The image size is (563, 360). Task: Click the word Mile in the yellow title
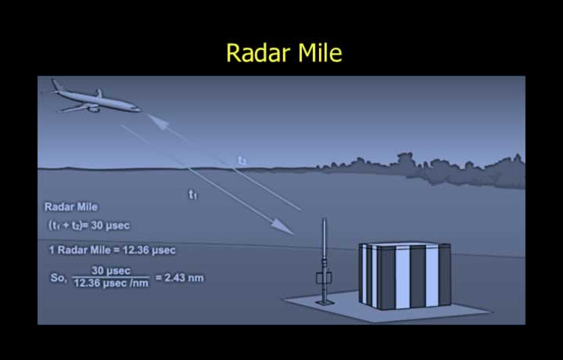[x=321, y=52]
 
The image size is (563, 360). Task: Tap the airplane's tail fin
[x=56, y=85]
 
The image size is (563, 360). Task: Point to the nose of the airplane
[x=138, y=108]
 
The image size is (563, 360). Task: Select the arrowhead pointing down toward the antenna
[x=283, y=226]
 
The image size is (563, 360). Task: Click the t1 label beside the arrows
[x=193, y=194]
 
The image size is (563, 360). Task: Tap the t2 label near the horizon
[x=242, y=160]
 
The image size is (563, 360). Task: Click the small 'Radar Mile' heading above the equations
[x=71, y=207]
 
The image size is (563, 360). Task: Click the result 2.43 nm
[x=184, y=278]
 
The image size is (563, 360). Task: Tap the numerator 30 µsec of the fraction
[x=111, y=271]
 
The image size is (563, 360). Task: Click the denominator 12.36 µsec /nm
[x=111, y=283]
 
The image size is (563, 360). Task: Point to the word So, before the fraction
[x=59, y=278]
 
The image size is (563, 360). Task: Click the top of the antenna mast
[x=325, y=219]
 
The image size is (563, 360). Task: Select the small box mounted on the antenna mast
[x=324, y=278]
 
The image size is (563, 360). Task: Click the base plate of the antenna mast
[x=325, y=303]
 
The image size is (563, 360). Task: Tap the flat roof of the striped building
[x=405, y=244]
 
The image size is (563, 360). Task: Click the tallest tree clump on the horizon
[x=406, y=160]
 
